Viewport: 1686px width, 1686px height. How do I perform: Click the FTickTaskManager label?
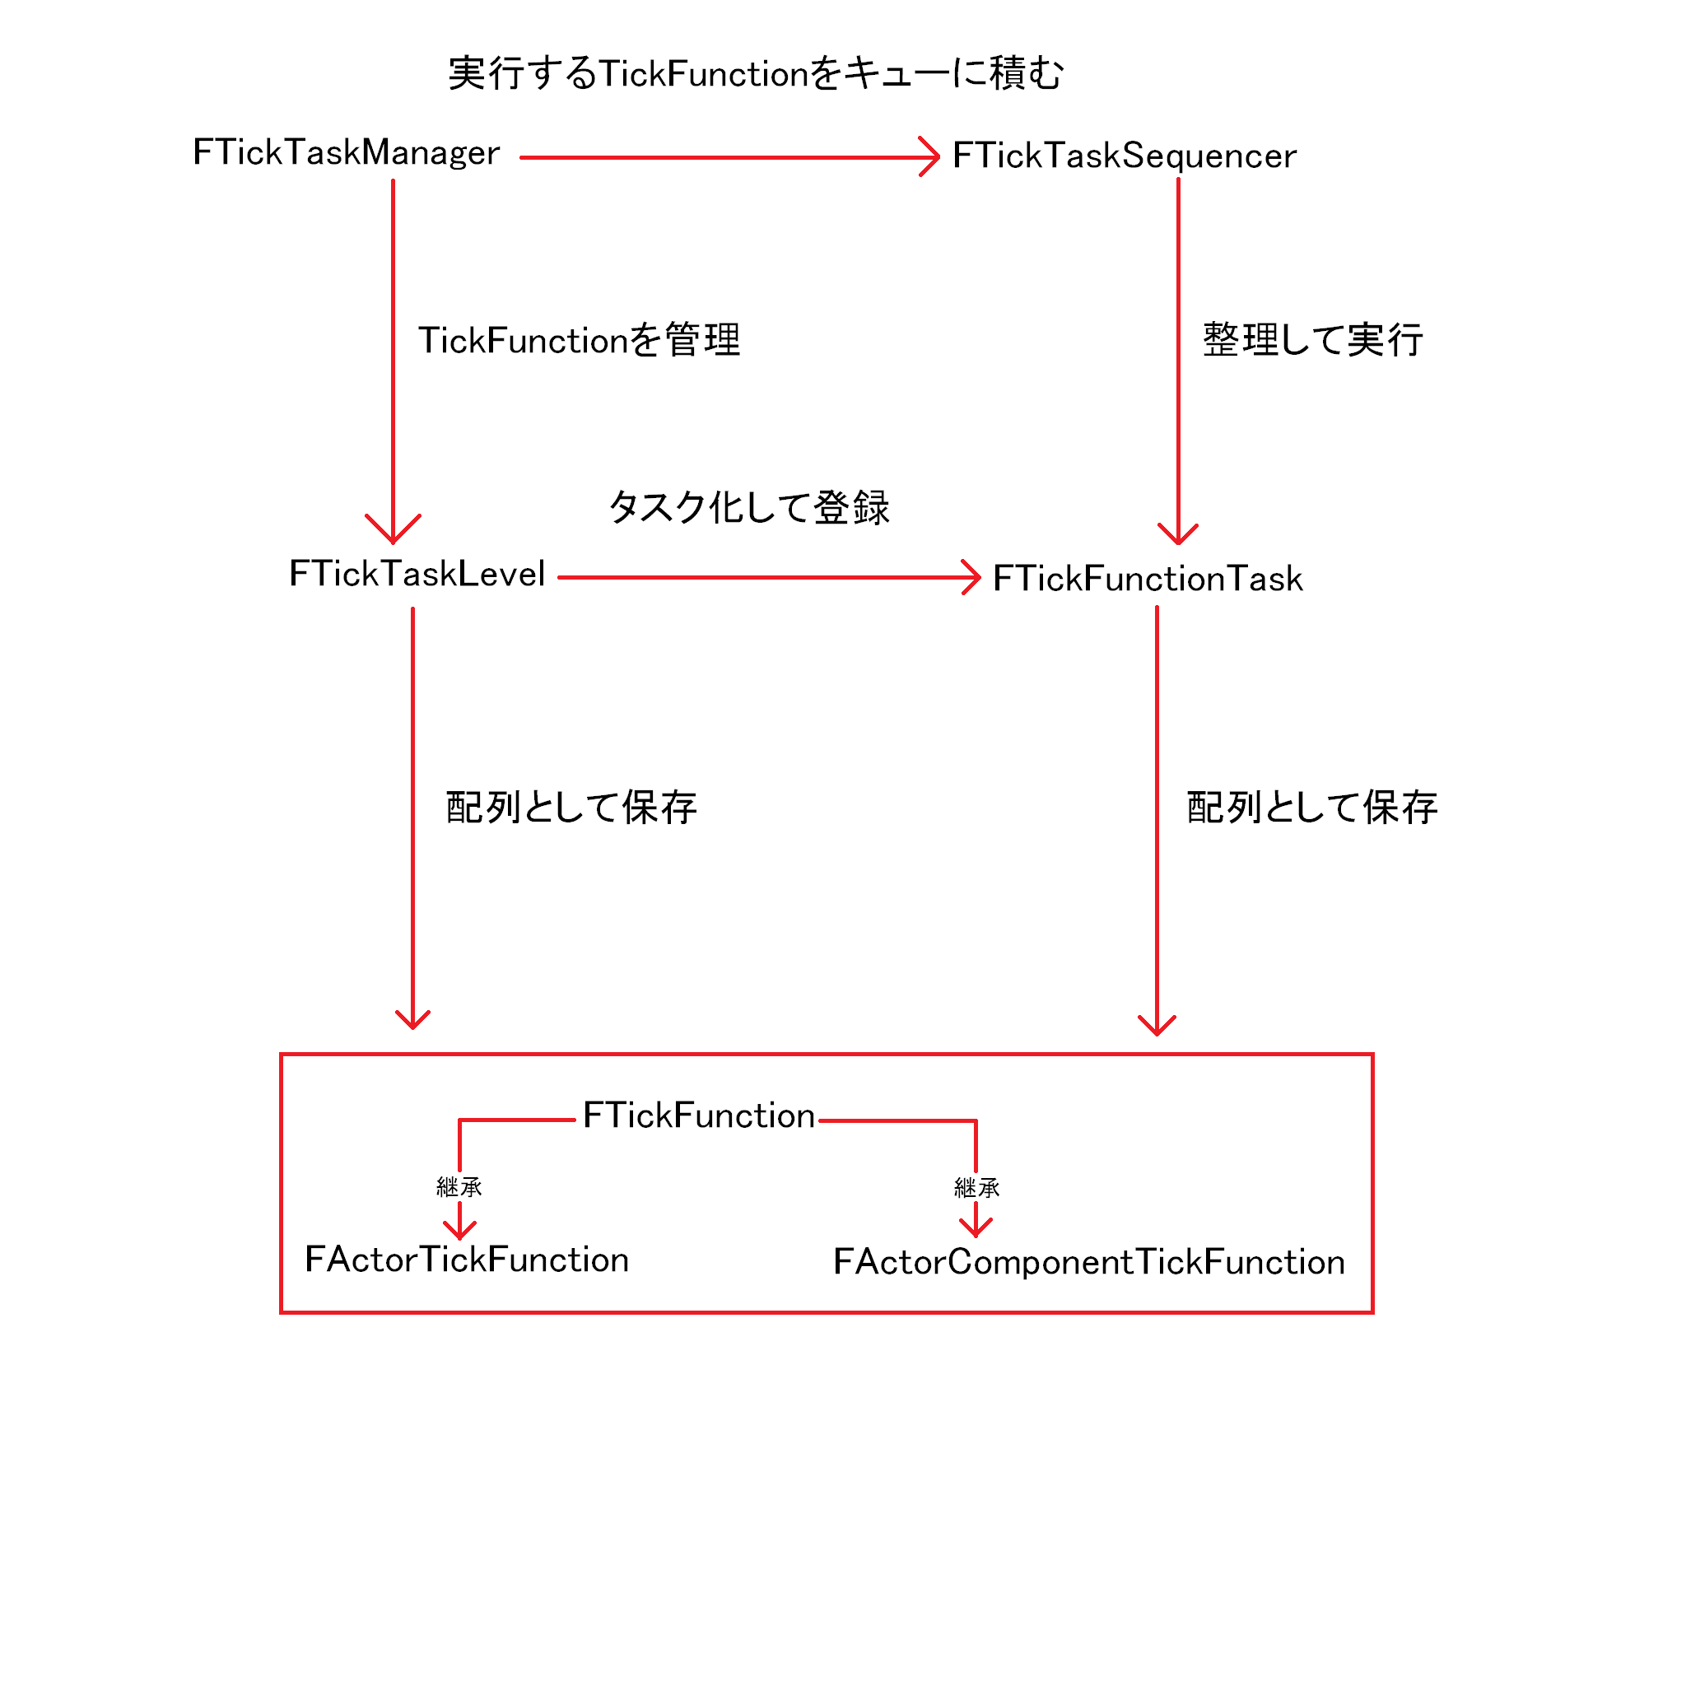[347, 153]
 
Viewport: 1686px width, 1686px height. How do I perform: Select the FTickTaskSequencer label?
[1124, 156]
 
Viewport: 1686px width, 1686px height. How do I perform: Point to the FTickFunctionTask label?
[1148, 579]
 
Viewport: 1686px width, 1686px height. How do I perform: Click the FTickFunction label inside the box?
[699, 1115]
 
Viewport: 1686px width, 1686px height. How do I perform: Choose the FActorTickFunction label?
[467, 1260]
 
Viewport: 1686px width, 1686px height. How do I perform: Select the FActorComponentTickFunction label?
[1089, 1262]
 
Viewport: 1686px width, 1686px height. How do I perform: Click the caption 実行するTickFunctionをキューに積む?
[756, 73]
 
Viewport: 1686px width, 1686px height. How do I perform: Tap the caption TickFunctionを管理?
[580, 340]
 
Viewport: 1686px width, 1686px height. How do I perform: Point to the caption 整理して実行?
[1313, 339]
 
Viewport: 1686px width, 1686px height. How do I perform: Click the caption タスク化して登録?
[749, 507]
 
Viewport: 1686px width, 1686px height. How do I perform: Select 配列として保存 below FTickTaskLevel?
[571, 808]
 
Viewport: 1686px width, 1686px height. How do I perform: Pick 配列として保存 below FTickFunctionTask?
[1312, 808]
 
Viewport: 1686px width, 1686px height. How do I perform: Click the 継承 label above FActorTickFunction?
[459, 1187]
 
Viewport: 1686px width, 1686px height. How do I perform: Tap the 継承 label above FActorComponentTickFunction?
[976, 1188]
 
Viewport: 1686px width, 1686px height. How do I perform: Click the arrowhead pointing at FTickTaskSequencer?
[930, 157]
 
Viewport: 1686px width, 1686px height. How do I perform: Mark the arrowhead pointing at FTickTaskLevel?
[393, 531]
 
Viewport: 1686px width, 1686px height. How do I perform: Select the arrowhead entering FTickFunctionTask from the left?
[971, 578]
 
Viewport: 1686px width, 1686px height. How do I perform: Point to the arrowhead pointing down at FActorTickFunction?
[460, 1231]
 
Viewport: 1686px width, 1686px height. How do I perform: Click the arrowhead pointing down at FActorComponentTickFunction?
[976, 1227]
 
